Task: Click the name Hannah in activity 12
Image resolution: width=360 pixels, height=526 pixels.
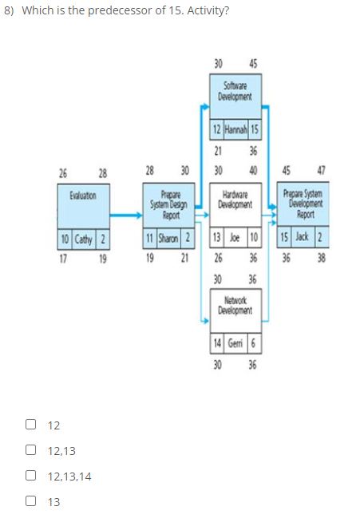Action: [x=235, y=129]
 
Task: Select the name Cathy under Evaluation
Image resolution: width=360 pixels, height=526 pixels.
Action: [x=84, y=239]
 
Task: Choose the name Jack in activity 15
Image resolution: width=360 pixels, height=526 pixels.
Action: [x=302, y=239]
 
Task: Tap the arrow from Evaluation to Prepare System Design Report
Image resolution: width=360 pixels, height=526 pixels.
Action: [x=126, y=214]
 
